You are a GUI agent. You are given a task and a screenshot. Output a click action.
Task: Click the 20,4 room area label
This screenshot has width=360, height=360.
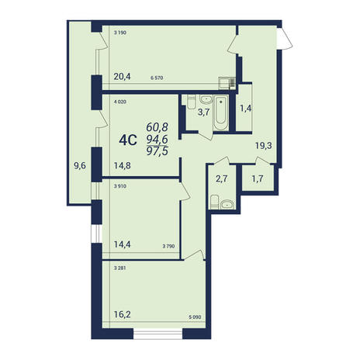pos(123,77)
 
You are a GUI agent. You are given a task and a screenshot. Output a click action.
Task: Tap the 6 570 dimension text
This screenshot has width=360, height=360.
pos(157,78)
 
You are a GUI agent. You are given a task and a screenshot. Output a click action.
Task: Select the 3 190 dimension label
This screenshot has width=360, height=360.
pos(120,33)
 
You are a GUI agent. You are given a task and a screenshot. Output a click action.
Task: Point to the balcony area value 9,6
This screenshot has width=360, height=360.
pos(80,165)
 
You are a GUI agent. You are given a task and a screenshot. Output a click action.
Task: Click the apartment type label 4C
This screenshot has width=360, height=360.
pos(128,140)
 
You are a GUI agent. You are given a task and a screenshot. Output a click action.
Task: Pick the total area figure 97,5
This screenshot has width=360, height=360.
pos(157,151)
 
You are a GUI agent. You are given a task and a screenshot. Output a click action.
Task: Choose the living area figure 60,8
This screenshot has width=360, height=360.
pos(157,127)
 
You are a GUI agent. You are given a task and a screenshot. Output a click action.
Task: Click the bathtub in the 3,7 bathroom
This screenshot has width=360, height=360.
pos(221,112)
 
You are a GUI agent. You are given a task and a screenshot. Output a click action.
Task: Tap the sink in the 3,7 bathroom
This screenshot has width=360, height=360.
pos(206,99)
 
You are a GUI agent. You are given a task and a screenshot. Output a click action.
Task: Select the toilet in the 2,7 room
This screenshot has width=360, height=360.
pos(214,202)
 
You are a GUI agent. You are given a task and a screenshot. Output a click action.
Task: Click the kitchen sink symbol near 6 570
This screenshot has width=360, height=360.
pos(227,83)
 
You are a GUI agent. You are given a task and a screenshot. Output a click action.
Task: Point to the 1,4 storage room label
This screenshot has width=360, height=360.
pos(245,109)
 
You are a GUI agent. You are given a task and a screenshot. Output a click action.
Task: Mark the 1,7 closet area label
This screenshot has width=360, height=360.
pos(258,178)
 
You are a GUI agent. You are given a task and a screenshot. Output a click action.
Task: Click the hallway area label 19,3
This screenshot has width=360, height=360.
pos(264,146)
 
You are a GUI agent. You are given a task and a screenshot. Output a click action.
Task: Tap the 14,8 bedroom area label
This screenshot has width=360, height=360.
pos(123,165)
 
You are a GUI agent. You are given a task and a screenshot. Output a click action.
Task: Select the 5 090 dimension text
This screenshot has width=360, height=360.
pos(196,317)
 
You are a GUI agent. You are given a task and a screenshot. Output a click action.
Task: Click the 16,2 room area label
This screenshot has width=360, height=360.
pos(123,315)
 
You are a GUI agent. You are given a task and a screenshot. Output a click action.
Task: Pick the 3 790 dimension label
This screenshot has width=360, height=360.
pos(168,247)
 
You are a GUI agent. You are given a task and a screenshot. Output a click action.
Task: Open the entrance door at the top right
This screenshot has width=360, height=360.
pos(284,38)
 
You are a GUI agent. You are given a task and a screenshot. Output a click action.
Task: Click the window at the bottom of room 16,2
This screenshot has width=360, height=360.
pos(157,334)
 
